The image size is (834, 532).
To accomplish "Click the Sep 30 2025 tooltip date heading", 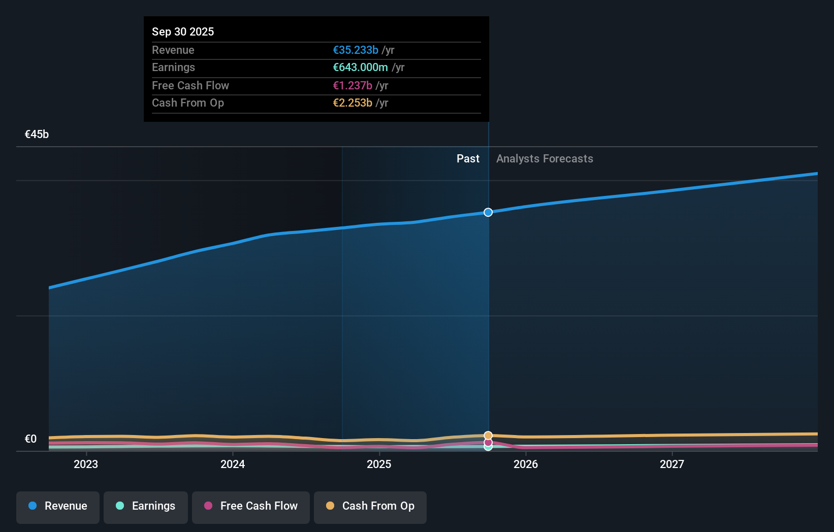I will pyautogui.click(x=183, y=31).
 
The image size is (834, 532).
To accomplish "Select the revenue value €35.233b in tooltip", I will pyautogui.click(x=356, y=50).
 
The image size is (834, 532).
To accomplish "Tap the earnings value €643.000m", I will pyautogui.click(x=360, y=67).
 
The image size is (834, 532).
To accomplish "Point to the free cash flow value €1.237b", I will pyautogui.click(x=352, y=85).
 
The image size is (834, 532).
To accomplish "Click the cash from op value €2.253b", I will pyautogui.click(x=352, y=103).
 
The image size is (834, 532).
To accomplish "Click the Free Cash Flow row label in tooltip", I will pyautogui.click(x=190, y=85).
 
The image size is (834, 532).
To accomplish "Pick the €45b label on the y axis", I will pyautogui.click(x=37, y=134).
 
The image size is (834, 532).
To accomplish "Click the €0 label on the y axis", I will pyautogui.click(x=30, y=439).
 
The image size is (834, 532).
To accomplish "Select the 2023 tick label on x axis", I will pyautogui.click(x=86, y=464).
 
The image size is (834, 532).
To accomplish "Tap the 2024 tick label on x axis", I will pyautogui.click(x=233, y=464).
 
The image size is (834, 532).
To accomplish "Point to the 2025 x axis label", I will pyautogui.click(x=379, y=464).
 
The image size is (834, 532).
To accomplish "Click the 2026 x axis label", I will pyautogui.click(x=526, y=464).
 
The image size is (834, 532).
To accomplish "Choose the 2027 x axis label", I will pyautogui.click(x=672, y=464).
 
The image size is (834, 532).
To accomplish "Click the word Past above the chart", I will pyautogui.click(x=468, y=158).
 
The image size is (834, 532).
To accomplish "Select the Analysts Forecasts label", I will pyautogui.click(x=544, y=158).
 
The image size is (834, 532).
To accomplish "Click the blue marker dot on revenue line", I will pyautogui.click(x=488, y=212).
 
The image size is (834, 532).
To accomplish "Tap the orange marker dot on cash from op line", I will pyautogui.click(x=488, y=435).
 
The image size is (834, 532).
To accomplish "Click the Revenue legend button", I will pyautogui.click(x=58, y=506).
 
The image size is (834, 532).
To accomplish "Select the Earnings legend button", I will pyautogui.click(x=146, y=506).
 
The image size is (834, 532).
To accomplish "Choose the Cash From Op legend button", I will pyautogui.click(x=370, y=506).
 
